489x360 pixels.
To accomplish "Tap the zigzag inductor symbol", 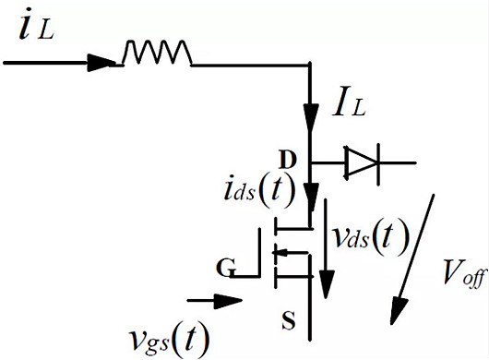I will coord(157,53).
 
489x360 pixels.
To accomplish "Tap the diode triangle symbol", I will coord(362,165).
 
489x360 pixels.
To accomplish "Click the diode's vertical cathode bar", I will coord(376,165).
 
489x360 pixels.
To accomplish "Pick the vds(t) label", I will coord(367,239).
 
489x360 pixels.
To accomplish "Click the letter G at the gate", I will coord(223,269).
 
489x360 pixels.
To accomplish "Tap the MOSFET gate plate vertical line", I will coord(263,250).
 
